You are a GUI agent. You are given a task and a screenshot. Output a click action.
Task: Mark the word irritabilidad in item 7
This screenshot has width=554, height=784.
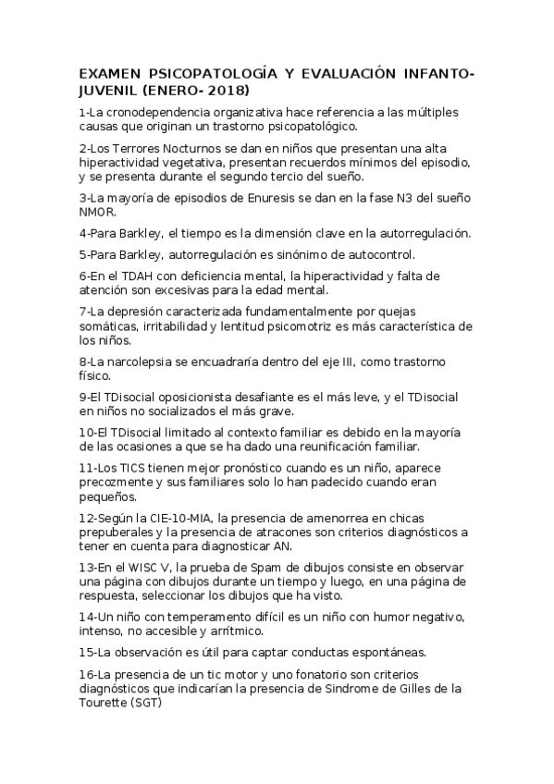pyautogui.click(x=179, y=325)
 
